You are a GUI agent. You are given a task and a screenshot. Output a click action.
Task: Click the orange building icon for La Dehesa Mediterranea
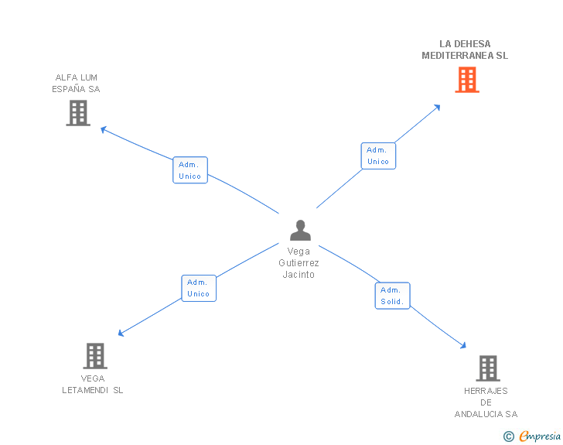pyautogui.click(x=466, y=80)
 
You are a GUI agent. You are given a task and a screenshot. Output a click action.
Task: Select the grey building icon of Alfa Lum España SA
pyautogui.click(x=77, y=113)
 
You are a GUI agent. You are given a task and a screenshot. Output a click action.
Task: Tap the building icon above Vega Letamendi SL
pyautogui.click(x=94, y=356)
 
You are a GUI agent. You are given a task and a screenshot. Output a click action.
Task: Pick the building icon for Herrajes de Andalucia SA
pyautogui.click(x=487, y=368)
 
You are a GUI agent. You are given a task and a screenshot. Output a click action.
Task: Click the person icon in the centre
pyautogui.click(x=299, y=230)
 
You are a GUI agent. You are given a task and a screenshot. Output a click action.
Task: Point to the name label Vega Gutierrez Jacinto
pyautogui.click(x=299, y=263)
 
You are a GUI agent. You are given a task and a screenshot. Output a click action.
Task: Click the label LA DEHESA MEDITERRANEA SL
pyautogui.click(x=465, y=50)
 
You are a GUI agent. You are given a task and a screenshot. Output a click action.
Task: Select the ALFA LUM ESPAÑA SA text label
pyautogui.click(x=76, y=83)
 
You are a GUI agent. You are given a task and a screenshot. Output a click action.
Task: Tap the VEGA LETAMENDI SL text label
pyautogui.click(x=93, y=385)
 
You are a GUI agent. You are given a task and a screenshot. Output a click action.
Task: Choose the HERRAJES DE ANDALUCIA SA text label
pyautogui.click(x=486, y=402)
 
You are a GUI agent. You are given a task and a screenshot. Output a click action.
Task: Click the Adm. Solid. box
pyautogui.click(x=392, y=296)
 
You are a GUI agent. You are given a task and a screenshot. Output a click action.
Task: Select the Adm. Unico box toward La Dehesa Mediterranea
pyautogui.click(x=378, y=156)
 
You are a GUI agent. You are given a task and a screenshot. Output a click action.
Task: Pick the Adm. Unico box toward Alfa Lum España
pyautogui.click(x=189, y=170)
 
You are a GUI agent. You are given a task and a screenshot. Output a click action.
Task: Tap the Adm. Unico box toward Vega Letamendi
pyautogui.click(x=199, y=288)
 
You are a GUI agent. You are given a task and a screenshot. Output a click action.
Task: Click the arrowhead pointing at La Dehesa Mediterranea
pyautogui.click(x=438, y=106)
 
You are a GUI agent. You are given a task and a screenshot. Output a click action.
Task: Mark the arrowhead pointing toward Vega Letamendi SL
pyautogui.click(x=121, y=334)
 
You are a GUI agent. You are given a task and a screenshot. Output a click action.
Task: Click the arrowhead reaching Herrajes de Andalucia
pyautogui.click(x=464, y=346)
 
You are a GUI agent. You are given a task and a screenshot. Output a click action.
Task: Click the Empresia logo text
pyautogui.click(x=540, y=436)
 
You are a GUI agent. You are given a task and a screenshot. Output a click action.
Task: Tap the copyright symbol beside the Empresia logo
pyautogui.click(x=509, y=436)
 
